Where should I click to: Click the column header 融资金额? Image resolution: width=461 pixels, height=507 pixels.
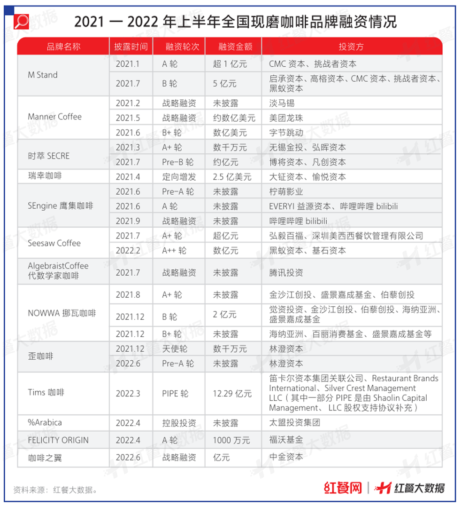233,47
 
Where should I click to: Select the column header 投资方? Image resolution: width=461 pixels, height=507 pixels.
351,47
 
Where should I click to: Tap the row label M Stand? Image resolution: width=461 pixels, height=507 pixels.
43,75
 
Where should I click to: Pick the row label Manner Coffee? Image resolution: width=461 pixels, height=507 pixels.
54,117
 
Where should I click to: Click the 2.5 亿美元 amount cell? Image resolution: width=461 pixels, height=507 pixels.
232,177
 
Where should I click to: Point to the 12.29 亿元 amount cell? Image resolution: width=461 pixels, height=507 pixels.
232,393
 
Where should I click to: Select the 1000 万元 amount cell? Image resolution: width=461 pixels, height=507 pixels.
229,440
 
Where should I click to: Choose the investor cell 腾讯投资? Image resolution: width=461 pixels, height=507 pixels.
286,272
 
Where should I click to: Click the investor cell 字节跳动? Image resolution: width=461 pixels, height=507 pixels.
286,133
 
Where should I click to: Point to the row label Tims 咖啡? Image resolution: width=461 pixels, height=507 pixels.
46,393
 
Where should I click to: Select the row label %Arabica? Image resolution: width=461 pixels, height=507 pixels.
45,422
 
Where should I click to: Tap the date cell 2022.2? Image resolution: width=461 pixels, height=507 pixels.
128,251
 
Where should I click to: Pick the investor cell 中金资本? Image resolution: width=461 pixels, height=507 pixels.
286,457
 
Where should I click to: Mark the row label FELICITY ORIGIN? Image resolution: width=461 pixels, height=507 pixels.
58,440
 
